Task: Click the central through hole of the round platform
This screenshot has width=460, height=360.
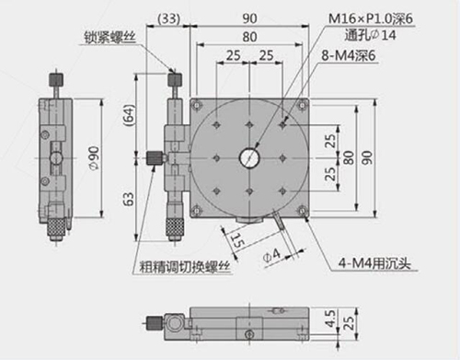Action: click(x=249, y=158)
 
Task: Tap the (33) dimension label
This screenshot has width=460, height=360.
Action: click(x=168, y=19)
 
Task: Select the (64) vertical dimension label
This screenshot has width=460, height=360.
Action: click(x=129, y=115)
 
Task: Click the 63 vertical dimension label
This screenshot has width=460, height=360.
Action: click(x=129, y=199)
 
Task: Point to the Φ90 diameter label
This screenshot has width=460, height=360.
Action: click(x=94, y=157)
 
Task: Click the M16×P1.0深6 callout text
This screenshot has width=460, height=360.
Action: click(x=371, y=18)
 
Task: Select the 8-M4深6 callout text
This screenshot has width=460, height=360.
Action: click(x=349, y=55)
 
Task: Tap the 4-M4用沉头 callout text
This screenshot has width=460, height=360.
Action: click(x=374, y=263)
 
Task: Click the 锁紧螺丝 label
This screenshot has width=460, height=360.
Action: click(x=110, y=38)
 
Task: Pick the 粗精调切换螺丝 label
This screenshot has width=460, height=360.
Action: click(x=185, y=266)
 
